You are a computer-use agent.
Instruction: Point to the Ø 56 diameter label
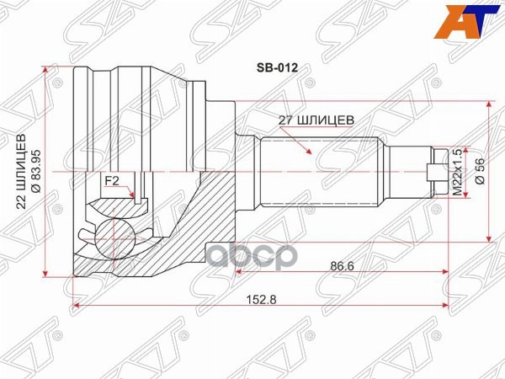coord(480,171)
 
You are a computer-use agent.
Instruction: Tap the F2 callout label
coord(110,179)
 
